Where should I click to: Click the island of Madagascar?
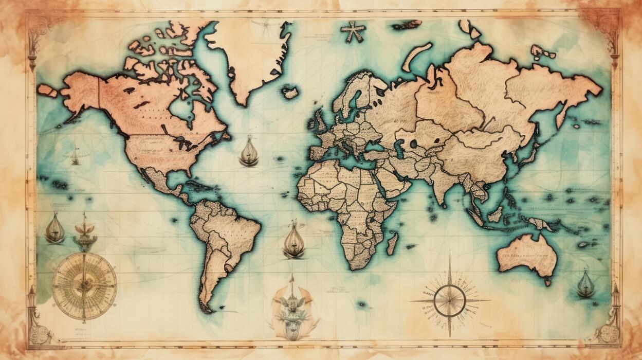click(x=392, y=242)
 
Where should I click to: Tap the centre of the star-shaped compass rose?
click(x=449, y=301)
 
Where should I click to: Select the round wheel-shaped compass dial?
click(x=84, y=285)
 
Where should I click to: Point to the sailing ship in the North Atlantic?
click(x=249, y=152)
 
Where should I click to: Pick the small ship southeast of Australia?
click(x=585, y=284)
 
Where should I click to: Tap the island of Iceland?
click(x=290, y=93)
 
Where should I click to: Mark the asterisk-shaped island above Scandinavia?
click(x=352, y=32)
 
